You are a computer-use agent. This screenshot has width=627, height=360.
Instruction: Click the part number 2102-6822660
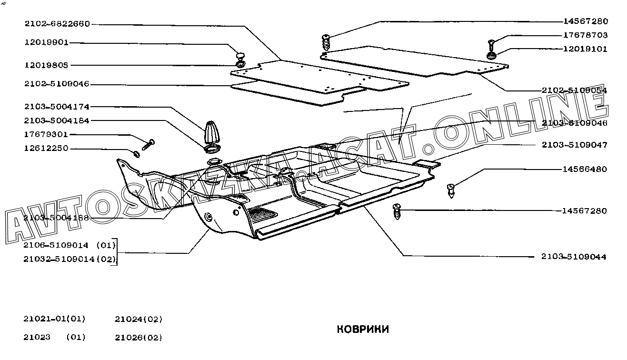tap(57, 24)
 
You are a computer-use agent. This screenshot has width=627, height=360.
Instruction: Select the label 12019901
tap(46, 42)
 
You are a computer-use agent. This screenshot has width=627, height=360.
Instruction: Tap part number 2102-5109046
tap(57, 84)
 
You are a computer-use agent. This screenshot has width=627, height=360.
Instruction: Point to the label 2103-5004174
tap(57, 107)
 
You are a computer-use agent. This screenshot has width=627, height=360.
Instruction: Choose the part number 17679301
tap(46, 135)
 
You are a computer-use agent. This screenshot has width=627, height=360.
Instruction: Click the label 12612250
tap(46, 149)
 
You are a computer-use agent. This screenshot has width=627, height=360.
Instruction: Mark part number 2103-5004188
tap(57, 218)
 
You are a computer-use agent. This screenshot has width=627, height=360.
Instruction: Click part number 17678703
tap(585, 35)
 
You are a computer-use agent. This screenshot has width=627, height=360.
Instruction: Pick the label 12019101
tap(585, 49)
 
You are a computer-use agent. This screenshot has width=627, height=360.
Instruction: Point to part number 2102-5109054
tap(574, 90)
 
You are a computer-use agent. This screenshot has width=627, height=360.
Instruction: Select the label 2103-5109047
tap(574, 145)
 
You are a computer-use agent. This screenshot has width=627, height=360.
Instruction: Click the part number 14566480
tap(585, 169)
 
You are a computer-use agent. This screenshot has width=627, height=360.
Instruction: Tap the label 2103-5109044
tap(574, 257)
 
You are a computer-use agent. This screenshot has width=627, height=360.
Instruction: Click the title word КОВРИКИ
tap(363, 329)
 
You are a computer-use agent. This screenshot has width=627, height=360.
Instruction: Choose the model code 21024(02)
tap(139, 319)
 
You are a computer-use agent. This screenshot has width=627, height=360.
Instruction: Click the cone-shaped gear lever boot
tap(212, 132)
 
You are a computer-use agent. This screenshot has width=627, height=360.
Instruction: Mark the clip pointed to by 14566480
tap(452, 191)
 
